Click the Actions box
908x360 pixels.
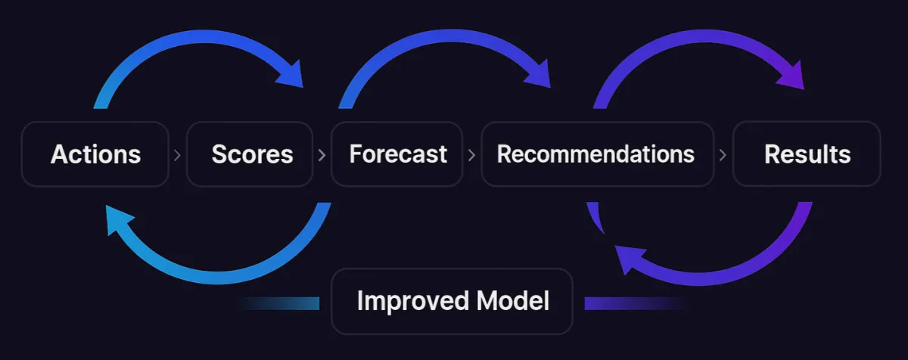click(x=95, y=154)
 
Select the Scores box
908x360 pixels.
click(x=250, y=154)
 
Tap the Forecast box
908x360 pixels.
click(x=397, y=154)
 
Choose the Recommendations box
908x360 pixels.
click(x=597, y=154)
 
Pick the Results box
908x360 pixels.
click(x=807, y=154)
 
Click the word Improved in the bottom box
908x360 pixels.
click(x=402, y=301)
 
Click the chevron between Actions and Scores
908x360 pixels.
click(x=177, y=155)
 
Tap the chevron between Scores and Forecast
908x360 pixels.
click(x=322, y=155)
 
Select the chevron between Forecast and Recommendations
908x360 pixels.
click(x=471, y=155)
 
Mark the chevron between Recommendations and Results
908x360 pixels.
click(x=723, y=155)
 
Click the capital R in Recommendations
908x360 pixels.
click(x=504, y=154)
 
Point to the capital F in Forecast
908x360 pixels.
click(x=356, y=154)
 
